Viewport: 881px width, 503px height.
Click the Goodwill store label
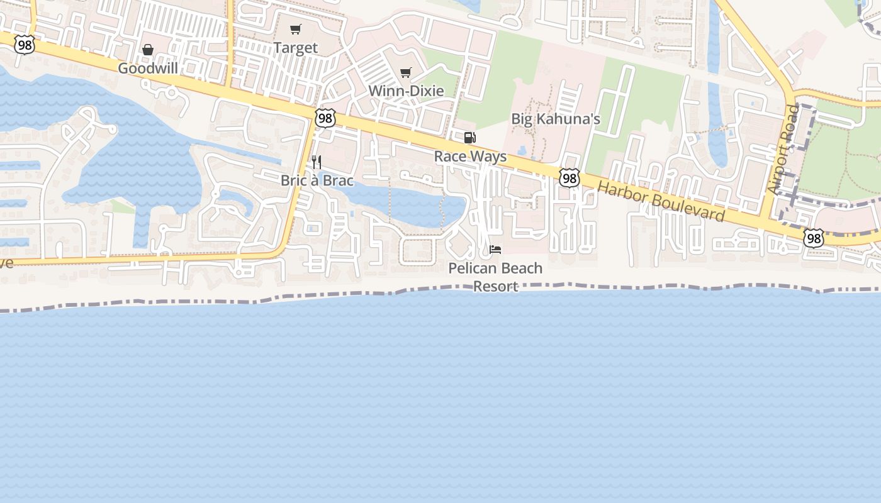coord(148,68)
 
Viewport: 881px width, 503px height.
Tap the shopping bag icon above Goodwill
coord(148,50)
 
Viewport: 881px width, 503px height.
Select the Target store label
coord(295,48)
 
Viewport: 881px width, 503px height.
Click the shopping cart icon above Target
coord(295,29)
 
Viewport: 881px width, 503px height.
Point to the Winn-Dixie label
coord(406,91)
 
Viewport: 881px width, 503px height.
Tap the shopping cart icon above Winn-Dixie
coord(406,72)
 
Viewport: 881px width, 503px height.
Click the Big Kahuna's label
coord(555,119)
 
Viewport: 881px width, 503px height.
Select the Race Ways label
coord(470,156)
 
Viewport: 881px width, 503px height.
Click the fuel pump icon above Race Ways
coord(469,138)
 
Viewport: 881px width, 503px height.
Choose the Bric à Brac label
coord(317,180)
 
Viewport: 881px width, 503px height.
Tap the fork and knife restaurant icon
coord(317,162)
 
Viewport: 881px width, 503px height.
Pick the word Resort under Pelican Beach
coord(495,286)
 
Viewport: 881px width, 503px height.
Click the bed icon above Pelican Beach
coord(495,250)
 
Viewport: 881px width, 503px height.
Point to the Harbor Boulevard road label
coord(661,201)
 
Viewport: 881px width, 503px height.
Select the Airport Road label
coord(783,150)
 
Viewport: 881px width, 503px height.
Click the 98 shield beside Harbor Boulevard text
coord(569,179)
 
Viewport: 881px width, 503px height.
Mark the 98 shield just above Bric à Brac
coord(325,118)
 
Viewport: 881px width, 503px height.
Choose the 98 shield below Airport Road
coord(814,238)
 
